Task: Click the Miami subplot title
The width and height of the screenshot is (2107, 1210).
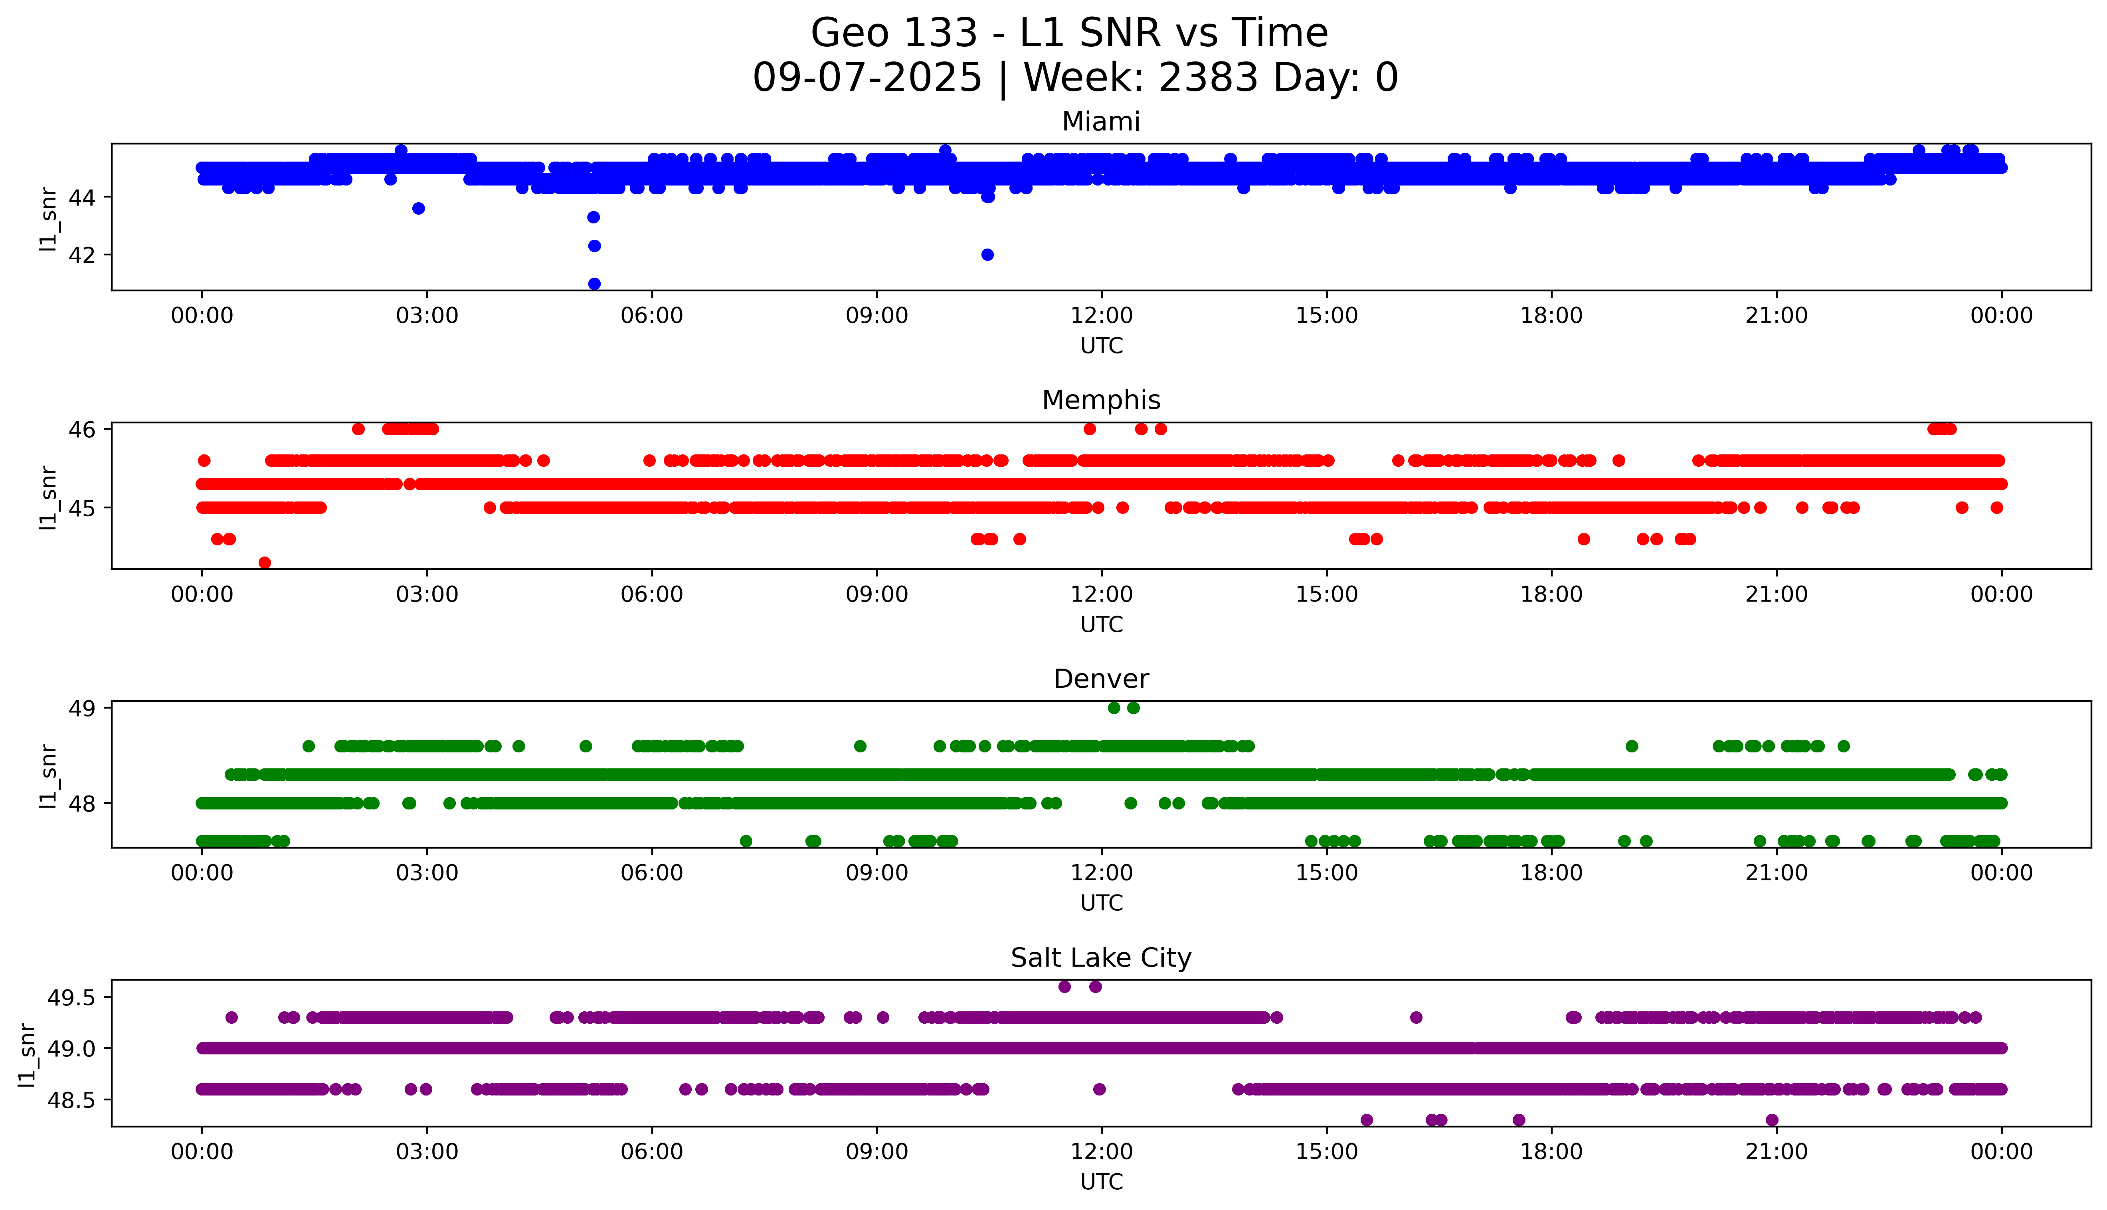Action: click(1100, 122)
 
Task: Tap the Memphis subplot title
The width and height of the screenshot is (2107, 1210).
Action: click(1100, 401)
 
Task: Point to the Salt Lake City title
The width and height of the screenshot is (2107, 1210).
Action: click(1100, 958)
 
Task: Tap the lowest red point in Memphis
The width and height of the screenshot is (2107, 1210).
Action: click(265, 563)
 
